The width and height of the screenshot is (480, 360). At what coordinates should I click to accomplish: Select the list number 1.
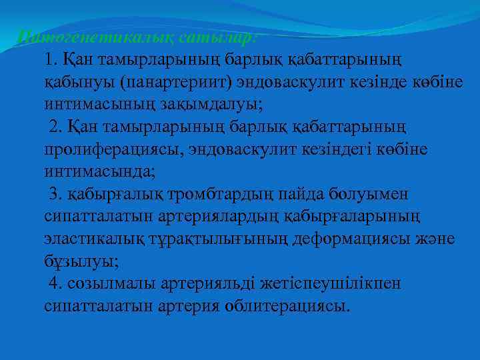(x=51, y=60)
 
